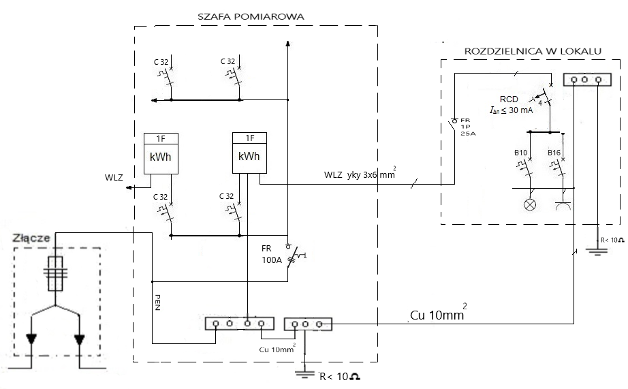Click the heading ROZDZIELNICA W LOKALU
532,51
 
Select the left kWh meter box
160,155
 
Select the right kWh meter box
249,155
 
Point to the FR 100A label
272,253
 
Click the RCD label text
509,97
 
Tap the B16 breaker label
555,153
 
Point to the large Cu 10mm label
437,315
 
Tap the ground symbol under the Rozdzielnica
597,253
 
